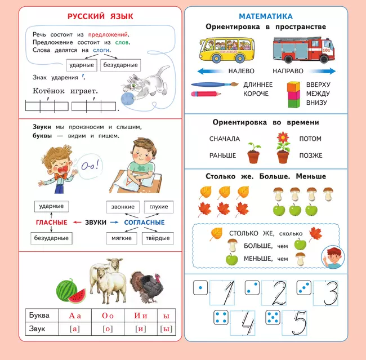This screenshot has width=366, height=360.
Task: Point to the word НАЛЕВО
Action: coord(241,72)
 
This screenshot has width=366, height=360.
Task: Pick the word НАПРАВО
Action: coord(288,72)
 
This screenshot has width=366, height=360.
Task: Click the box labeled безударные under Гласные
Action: coord(52,238)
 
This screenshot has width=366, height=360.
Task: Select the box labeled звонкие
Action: coord(122,207)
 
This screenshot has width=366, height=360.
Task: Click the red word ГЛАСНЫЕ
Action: coord(51,223)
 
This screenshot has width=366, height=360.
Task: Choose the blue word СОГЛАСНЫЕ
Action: coord(145,223)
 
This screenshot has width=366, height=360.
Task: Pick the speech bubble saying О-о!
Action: coord(92,166)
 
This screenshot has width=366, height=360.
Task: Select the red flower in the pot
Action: coord(283,141)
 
